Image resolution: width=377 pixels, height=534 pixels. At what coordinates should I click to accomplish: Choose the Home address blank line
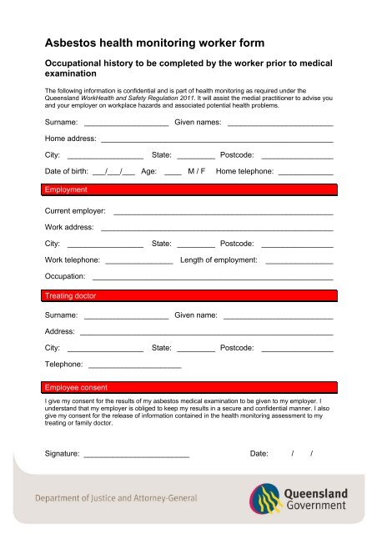tap(217, 140)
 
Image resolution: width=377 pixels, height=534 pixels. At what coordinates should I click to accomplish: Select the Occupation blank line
tap(213, 277)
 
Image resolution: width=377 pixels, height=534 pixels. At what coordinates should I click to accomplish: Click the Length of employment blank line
tap(299, 261)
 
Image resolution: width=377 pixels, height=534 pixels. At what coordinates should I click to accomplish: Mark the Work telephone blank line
tap(139, 261)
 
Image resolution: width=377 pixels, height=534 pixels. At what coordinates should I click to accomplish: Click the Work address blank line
tap(217, 229)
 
